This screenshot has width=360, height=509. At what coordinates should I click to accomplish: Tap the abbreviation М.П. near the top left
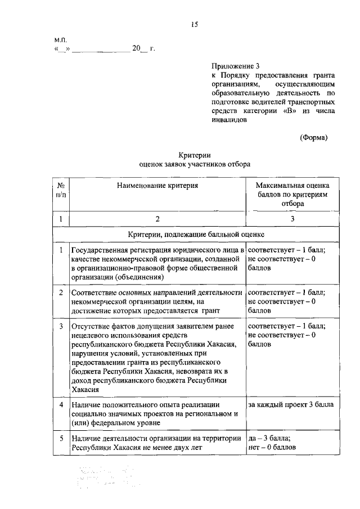tap(61, 40)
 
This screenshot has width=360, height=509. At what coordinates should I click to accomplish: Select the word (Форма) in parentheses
tap(313, 137)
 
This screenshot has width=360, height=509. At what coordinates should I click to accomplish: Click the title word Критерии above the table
tap(195, 155)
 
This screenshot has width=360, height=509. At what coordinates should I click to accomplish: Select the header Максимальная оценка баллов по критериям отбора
tap(292, 195)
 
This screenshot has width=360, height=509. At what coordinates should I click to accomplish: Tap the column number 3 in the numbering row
tap(292, 219)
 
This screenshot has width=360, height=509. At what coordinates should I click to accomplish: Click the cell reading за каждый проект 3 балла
tap(290, 405)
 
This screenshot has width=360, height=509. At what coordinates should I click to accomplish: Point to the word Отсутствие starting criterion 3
tap(89, 326)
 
